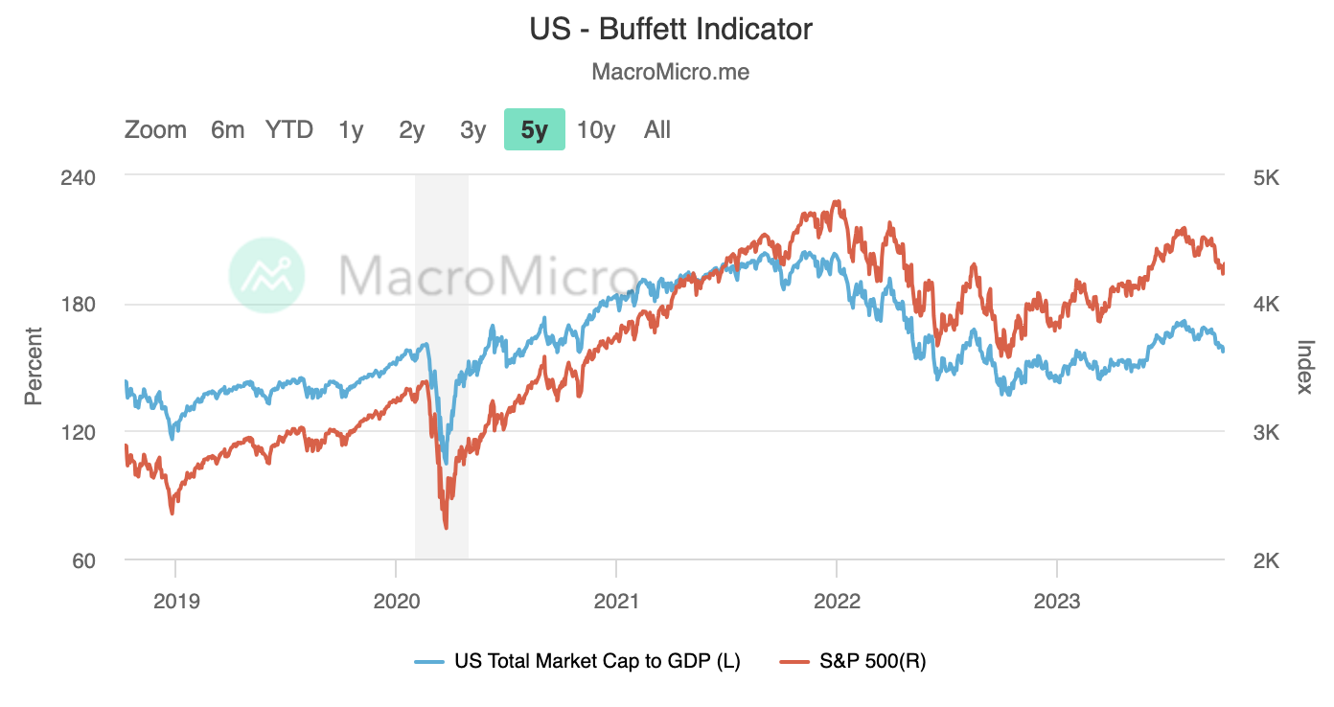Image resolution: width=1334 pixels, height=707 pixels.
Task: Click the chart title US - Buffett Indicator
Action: pyautogui.click(x=671, y=29)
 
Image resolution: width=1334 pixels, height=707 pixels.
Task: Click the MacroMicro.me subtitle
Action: pyautogui.click(x=671, y=72)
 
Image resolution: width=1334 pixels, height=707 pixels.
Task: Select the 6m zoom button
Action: pyautogui.click(x=228, y=129)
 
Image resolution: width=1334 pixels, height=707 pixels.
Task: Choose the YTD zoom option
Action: pyautogui.click(x=289, y=129)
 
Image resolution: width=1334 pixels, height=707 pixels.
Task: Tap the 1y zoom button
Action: pyautogui.click(x=351, y=129)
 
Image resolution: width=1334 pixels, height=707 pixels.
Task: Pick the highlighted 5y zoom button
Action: pyautogui.click(x=535, y=129)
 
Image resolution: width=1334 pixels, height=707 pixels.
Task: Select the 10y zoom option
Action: pyautogui.click(x=596, y=129)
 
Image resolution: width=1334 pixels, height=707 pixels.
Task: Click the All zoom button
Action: pyautogui.click(x=657, y=129)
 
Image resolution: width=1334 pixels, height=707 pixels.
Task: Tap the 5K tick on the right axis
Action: pyautogui.click(x=1266, y=177)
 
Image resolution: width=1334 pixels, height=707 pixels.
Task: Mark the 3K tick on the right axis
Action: pyautogui.click(x=1266, y=432)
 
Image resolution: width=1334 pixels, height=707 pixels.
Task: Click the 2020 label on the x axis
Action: pyautogui.click(x=396, y=602)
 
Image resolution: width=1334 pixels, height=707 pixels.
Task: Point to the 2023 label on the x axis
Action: pyautogui.click(x=1056, y=602)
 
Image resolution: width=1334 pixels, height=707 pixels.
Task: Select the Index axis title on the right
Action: pyautogui.click(x=1304, y=366)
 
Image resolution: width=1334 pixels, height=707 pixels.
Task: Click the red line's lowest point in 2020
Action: pyautogui.click(x=446, y=527)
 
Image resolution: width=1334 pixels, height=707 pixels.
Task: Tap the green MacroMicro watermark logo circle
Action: pyautogui.click(x=266, y=275)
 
